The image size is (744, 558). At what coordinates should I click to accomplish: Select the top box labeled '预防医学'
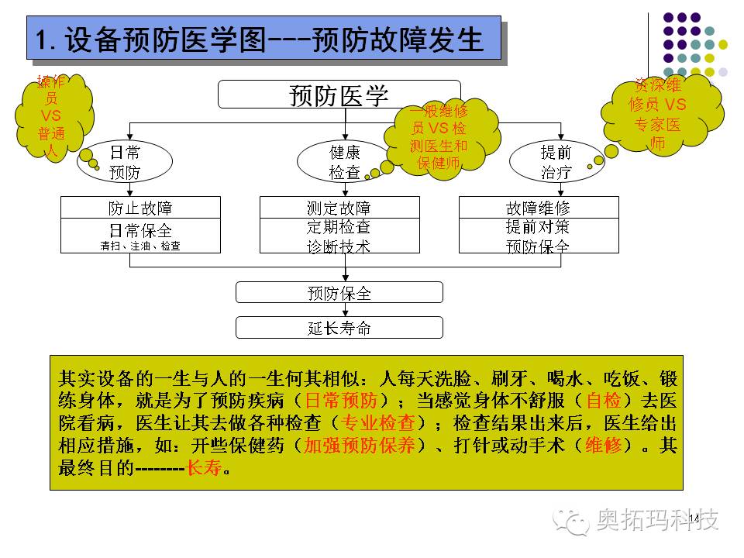(339, 95)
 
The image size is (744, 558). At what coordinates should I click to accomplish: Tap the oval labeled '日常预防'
(125, 162)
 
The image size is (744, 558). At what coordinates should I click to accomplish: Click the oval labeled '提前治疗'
(556, 162)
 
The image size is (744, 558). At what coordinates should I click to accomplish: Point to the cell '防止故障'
(140, 208)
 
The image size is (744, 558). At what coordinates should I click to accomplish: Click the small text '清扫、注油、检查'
(140, 246)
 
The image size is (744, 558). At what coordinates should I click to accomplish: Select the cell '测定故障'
(339, 208)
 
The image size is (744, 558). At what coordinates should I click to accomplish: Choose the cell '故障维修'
(539, 208)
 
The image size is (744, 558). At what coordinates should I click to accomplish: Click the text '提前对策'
(539, 226)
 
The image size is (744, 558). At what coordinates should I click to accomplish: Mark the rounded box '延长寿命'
(339, 327)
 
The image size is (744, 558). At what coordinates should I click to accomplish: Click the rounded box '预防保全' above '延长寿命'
(339, 293)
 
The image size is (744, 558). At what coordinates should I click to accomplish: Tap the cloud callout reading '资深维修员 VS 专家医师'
(658, 114)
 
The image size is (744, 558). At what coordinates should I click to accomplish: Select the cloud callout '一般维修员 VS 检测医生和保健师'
(439, 138)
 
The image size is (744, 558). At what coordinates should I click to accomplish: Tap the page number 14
(693, 518)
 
